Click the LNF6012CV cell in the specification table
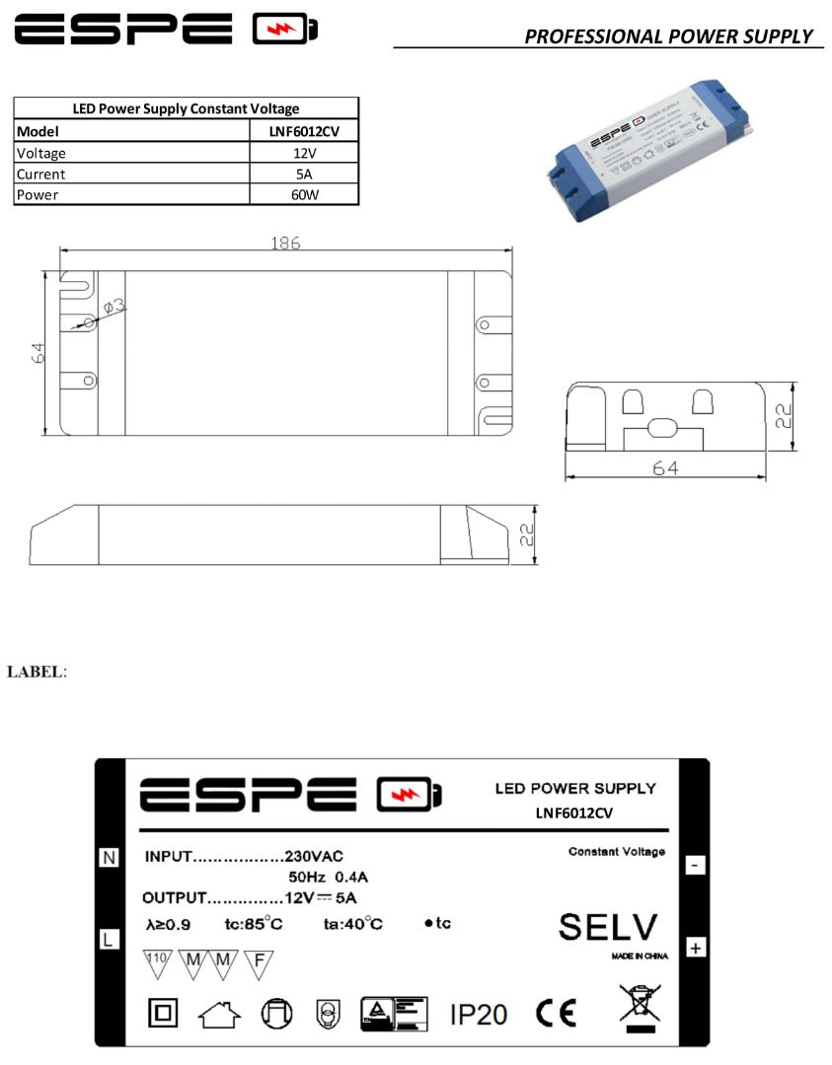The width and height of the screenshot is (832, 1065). click(304, 131)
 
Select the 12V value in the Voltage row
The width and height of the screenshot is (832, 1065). click(304, 153)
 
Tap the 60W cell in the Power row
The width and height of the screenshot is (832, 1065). click(304, 194)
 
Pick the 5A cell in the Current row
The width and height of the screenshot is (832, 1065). click(304, 174)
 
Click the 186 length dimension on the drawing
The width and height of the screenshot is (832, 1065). click(285, 244)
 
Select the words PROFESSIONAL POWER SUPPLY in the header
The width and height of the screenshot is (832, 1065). click(668, 36)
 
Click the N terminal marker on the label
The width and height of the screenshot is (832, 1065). click(109, 858)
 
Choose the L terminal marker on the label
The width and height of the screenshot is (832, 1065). click(109, 939)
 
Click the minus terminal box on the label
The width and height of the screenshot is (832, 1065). click(695, 865)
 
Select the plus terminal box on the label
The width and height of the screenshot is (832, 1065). click(695, 948)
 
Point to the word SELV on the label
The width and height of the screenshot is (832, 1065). click(607, 927)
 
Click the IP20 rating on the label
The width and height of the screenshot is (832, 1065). click(479, 1014)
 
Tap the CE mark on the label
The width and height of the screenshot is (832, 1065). click(556, 1013)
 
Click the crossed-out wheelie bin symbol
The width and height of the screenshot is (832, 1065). click(640, 1007)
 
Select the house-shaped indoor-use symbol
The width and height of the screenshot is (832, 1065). click(219, 1014)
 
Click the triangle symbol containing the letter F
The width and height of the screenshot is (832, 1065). click(259, 962)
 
